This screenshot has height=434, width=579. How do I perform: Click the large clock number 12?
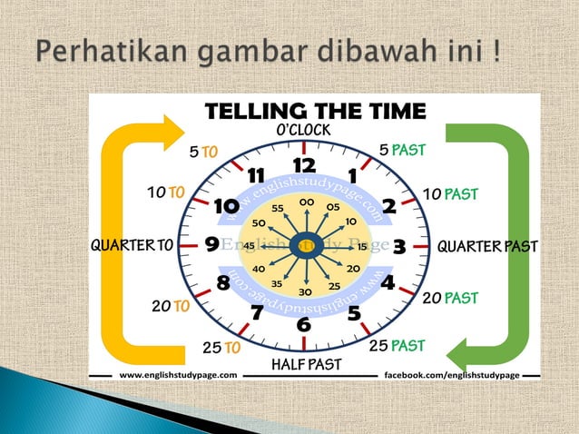pos(303,164)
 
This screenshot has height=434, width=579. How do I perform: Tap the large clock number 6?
pos(303,324)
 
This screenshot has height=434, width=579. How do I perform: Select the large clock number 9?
pos(211,244)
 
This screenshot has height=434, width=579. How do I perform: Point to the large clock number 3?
pos(397,245)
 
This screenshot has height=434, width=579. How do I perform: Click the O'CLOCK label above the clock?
pos(303,131)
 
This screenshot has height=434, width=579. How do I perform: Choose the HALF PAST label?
pos(306,364)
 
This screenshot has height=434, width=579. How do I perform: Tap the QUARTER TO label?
pos(132,245)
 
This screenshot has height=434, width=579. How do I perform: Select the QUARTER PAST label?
pos(487,246)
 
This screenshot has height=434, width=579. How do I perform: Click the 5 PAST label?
pos(402,149)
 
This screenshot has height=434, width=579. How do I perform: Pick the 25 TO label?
pos(221,347)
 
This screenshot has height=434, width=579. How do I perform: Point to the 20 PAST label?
pos(450,298)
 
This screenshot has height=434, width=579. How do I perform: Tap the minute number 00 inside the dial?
pos(307,202)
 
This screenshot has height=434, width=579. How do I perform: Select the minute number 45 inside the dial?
pos(248,245)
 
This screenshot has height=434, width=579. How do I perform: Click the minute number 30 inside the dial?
pos(306,291)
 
